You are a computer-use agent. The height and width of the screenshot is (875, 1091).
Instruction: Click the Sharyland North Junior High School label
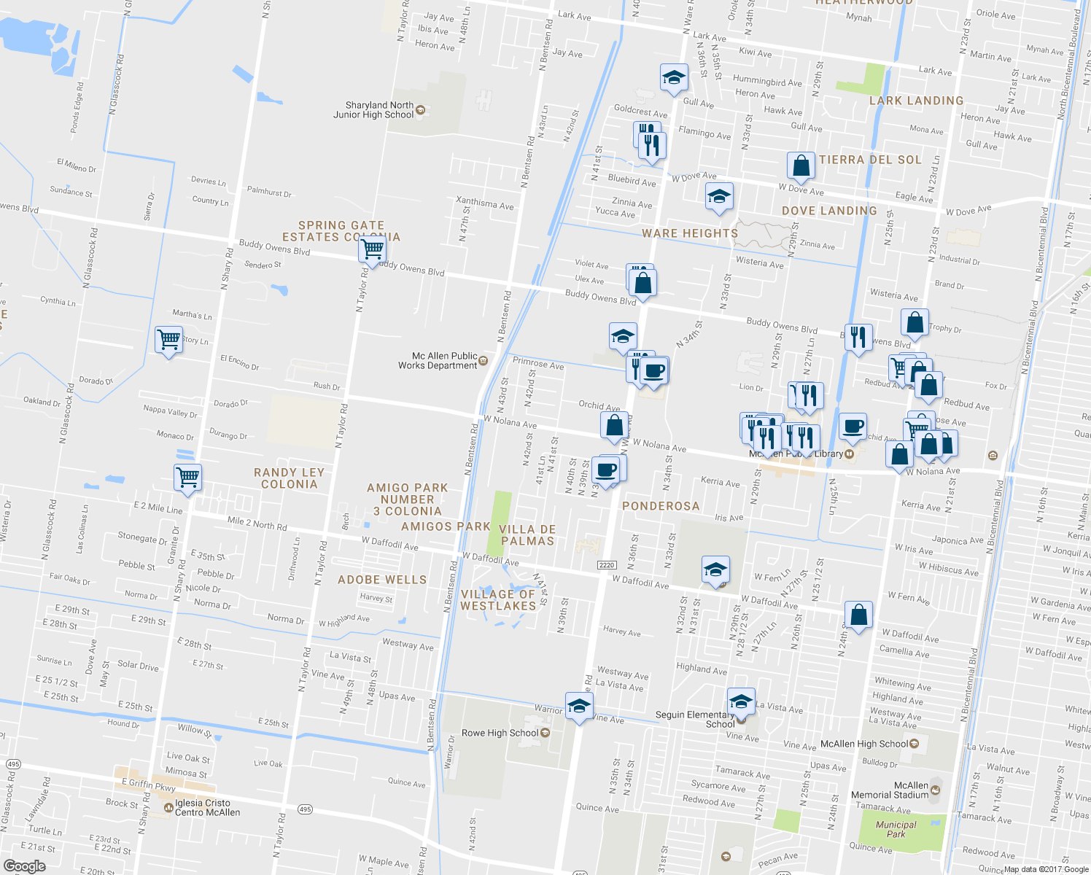click(x=374, y=110)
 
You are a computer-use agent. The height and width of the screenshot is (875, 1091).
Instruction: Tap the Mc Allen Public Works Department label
click(x=438, y=361)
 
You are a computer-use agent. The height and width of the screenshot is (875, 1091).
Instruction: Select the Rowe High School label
click(x=500, y=733)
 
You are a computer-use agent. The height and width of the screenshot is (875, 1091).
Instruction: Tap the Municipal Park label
click(x=896, y=829)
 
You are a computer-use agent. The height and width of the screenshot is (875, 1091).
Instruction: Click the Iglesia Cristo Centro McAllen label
click(x=207, y=808)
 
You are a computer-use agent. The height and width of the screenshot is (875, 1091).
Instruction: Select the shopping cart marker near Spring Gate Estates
click(x=373, y=249)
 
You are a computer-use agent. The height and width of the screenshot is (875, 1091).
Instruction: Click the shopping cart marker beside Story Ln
click(x=168, y=339)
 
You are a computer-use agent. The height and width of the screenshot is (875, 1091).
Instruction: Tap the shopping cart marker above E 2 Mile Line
click(x=188, y=478)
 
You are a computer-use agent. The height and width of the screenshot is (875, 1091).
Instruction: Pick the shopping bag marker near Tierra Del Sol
click(x=801, y=166)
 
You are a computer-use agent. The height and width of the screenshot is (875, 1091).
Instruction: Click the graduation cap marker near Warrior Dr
click(x=579, y=706)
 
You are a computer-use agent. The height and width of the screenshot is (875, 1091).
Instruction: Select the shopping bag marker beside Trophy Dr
click(x=915, y=322)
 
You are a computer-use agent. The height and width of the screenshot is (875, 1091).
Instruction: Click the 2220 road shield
click(x=607, y=565)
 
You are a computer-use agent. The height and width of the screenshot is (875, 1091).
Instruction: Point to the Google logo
click(x=24, y=866)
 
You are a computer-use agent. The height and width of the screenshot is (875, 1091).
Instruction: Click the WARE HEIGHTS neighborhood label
click(x=690, y=233)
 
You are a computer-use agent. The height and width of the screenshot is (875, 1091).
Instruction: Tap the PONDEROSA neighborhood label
click(x=661, y=506)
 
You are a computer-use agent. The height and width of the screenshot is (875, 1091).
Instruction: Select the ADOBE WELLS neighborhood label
click(x=382, y=580)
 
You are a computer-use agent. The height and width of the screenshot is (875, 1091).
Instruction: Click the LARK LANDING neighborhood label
click(x=916, y=101)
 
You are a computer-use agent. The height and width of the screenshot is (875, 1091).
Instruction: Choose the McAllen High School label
click(x=864, y=744)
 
